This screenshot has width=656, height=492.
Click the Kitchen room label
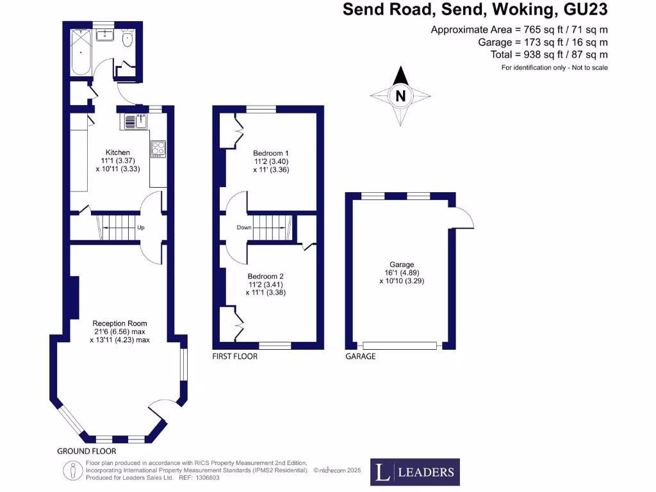pyautogui.click(x=118, y=152)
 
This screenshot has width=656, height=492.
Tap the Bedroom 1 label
pyautogui.click(x=271, y=154)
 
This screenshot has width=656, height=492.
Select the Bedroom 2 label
pyautogui.click(x=266, y=277)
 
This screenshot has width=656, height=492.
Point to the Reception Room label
pyautogui.click(x=120, y=324)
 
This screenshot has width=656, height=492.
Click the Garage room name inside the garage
pyautogui.click(x=402, y=265)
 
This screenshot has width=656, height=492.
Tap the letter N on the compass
pyautogui.click(x=400, y=96)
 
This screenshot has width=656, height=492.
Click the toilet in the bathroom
pyautogui.click(x=127, y=38)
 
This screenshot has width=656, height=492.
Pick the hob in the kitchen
pyautogui.click(x=158, y=149)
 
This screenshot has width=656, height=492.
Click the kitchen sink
pyautogui.click(x=136, y=121)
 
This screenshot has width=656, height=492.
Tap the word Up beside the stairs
pyautogui.click(x=141, y=227)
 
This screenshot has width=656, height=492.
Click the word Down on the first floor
pyautogui.click(x=244, y=227)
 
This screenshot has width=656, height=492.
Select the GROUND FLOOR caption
pyautogui.click(x=86, y=452)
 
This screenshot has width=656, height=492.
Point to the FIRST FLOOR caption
pyautogui.click(x=234, y=356)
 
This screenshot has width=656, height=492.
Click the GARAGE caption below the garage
pyautogui.click(x=361, y=356)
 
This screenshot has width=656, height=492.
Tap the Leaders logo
pyautogui.click(x=415, y=472)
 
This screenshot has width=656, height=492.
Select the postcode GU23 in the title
pyautogui.click(x=586, y=9)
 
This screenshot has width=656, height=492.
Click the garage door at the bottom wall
pyautogui.click(x=400, y=345)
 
